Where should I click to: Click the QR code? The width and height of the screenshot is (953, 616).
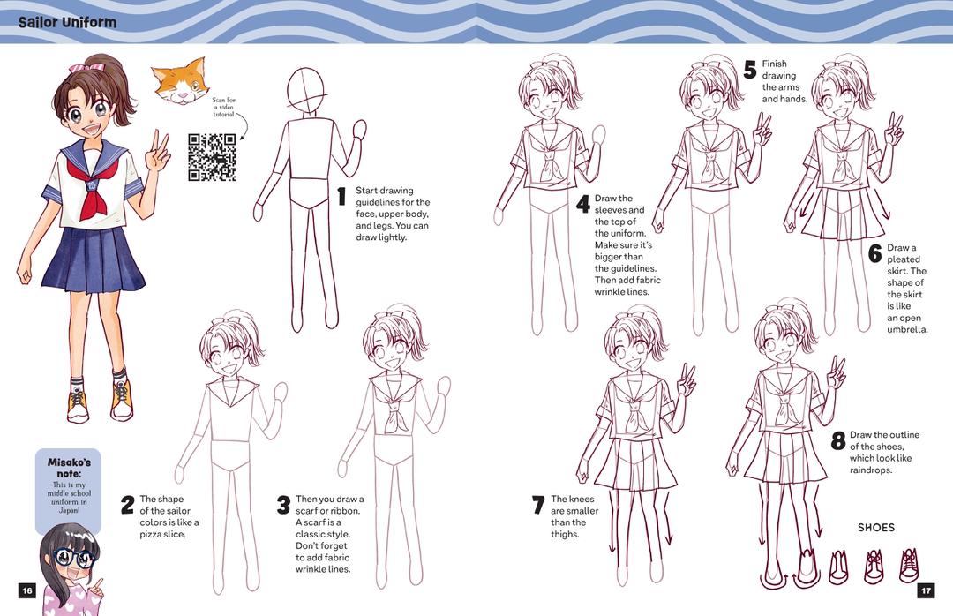click(x=212, y=157)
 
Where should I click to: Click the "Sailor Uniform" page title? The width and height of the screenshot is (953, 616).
click(x=67, y=22)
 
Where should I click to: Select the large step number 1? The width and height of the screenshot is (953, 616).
click(x=342, y=197)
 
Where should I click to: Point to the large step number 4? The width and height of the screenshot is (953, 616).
click(x=583, y=205)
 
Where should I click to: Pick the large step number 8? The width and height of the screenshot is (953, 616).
click(x=838, y=440)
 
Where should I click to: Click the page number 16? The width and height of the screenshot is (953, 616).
click(x=27, y=590)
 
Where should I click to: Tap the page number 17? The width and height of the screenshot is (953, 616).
click(x=926, y=590)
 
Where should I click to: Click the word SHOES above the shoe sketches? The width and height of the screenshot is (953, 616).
click(x=876, y=527)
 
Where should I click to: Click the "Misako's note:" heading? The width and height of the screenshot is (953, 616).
click(x=69, y=468)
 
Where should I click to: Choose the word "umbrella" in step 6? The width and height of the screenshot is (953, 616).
click(x=907, y=329)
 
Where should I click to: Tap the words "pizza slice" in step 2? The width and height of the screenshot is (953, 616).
click(x=162, y=534)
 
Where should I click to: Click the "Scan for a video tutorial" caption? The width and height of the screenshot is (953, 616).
click(x=224, y=107)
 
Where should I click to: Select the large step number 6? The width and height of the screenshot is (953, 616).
click(x=874, y=253)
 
